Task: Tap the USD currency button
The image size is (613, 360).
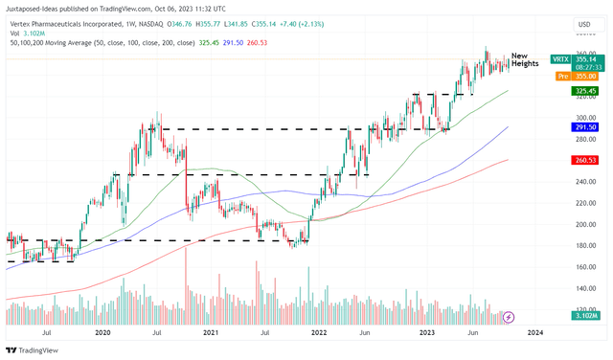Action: point(583,24)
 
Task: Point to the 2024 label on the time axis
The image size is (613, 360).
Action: point(535,332)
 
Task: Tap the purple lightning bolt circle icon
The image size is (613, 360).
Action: point(509,317)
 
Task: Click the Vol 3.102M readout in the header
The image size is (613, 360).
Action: point(26,32)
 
